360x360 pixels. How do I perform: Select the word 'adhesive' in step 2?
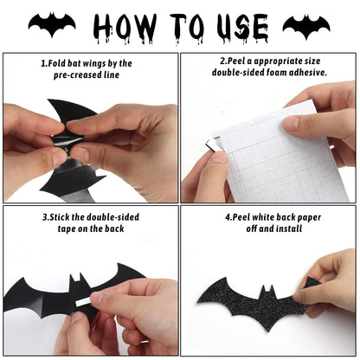(x=304, y=74)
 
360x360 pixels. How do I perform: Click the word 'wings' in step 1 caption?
(x=97, y=63)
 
